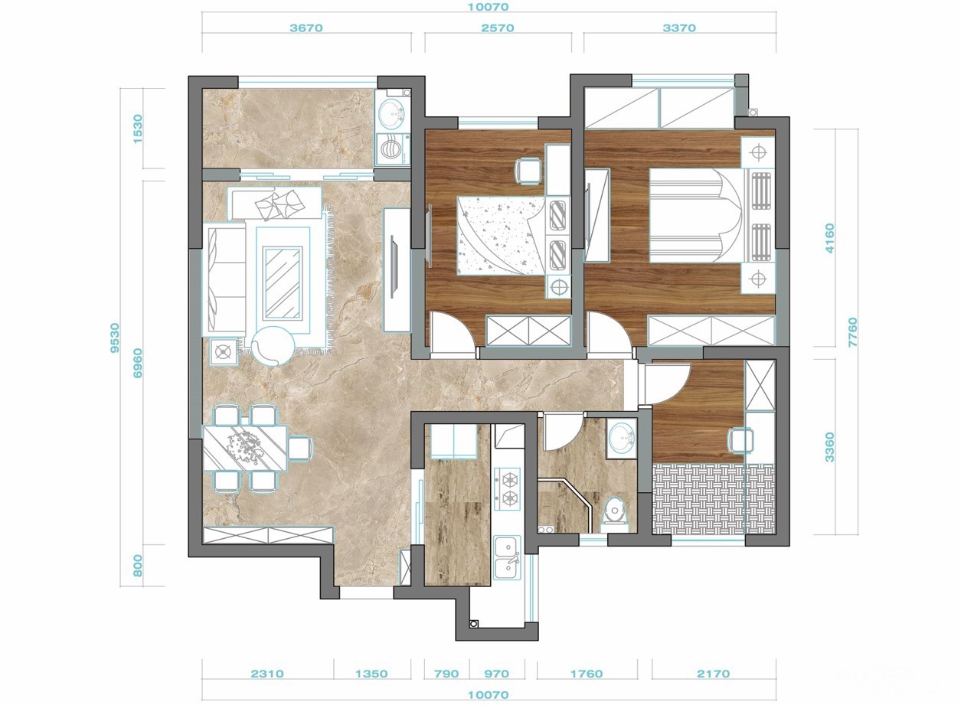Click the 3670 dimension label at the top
[x=306, y=28]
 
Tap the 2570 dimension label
[x=497, y=28]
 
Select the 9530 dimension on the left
[x=115, y=338]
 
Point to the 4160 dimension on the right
[x=830, y=238]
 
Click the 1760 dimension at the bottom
[x=587, y=674]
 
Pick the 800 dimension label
[x=137, y=566]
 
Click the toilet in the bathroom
[x=616, y=511]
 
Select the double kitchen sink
[x=508, y=557]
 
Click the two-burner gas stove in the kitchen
[x=508, y=489]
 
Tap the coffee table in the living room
[x=283, y=282]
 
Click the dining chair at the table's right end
[x=300, y=448]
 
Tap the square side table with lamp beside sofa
[x=224, y=352]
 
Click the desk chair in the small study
[x=741, y=440]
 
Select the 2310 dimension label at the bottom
[x=268, y=674]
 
